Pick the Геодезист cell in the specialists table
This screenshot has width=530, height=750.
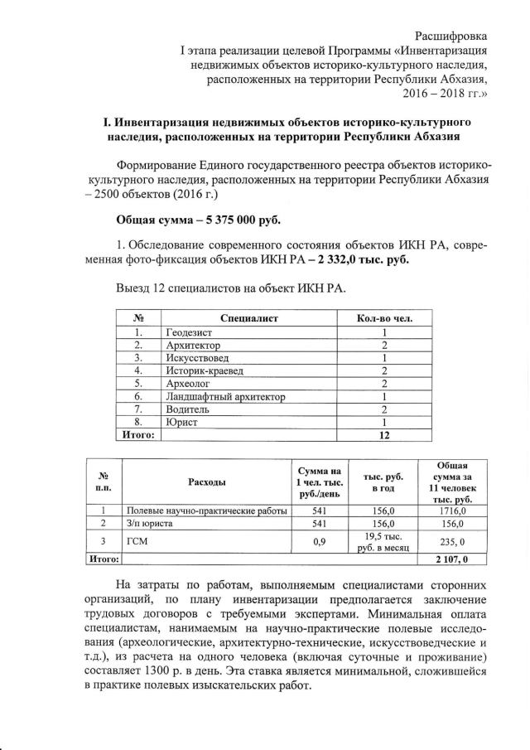point(190,332)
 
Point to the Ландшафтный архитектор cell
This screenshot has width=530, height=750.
point(225,397)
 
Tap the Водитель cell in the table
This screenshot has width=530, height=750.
point(188,409)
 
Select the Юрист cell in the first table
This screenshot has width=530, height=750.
point(182,423)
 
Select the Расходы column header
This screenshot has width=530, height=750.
point(206,481)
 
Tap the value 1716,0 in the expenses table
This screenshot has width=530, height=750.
point(452,511)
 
